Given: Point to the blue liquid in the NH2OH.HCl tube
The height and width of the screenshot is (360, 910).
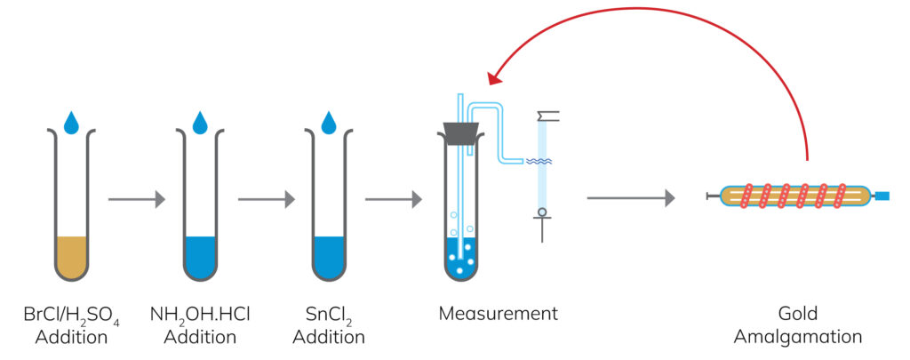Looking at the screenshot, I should coord(200,257).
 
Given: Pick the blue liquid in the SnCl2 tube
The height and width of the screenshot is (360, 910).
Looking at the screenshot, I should coord(329,257).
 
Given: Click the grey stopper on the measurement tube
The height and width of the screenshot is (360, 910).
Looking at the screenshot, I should coord(459,132).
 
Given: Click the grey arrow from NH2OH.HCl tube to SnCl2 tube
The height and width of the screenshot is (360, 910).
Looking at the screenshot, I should coord(265,199).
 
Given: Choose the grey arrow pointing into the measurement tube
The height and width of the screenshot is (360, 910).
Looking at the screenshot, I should coord(394,199).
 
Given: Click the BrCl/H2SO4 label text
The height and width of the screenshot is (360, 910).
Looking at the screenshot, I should coord(72,316).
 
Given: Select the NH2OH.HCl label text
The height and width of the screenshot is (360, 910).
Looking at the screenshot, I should coord(200,316).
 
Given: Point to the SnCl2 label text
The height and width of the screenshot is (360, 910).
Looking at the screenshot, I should coord(329,316).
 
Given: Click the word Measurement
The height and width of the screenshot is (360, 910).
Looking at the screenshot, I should coord(498,314).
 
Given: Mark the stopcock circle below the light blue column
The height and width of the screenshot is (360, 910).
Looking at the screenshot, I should coord(541,212).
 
